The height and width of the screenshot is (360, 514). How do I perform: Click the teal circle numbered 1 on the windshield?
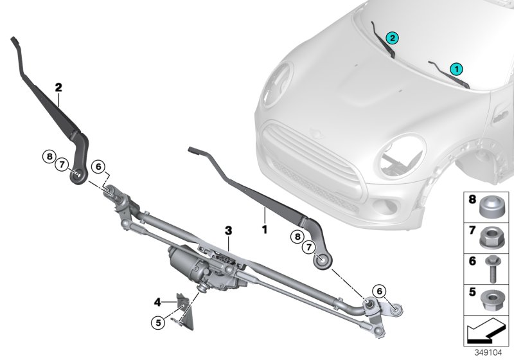coord(457,67)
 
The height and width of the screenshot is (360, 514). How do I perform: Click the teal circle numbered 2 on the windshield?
coord(392,38)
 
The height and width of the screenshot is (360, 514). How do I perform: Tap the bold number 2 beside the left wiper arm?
coord(58,86)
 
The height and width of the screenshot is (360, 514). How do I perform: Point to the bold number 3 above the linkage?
coord(227,230)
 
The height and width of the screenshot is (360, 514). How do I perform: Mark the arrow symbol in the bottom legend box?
coord(486,333)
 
